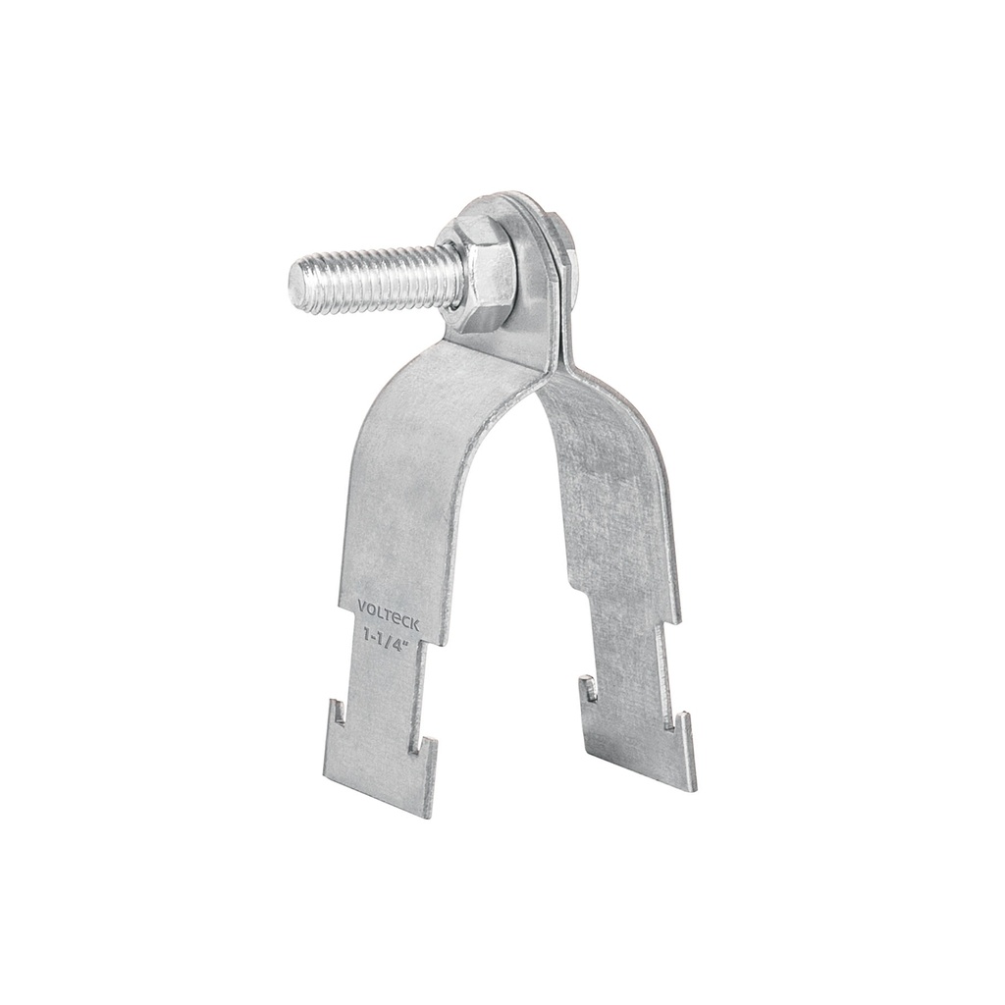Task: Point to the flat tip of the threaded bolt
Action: tap(297, 280)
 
